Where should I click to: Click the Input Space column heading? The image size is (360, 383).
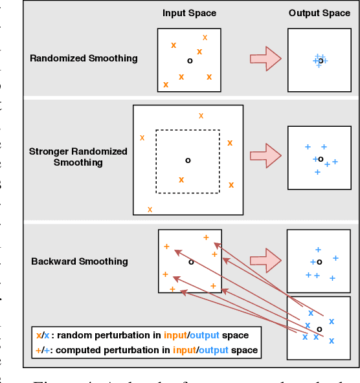point(189,13)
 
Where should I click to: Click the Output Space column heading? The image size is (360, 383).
point(319,13)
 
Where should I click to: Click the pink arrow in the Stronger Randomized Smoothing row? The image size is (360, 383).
point(265,155)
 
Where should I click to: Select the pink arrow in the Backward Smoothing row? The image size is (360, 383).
point(265,259)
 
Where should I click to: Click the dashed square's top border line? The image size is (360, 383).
point(188,130)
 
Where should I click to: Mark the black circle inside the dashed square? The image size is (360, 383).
point(188,160)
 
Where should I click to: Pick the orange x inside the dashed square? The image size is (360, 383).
point(181,179)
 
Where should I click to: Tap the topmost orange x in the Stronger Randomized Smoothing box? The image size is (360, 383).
point(201,115)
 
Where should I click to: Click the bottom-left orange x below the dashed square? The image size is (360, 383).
point(150,209)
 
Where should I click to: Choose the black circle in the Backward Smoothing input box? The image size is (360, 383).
point(190,262)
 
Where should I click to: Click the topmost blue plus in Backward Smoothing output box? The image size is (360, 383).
point(317,249)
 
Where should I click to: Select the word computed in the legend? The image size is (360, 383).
point(76,350)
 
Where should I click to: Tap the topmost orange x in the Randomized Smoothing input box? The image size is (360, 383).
point(205,38)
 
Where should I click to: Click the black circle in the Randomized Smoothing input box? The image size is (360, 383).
point(189,60)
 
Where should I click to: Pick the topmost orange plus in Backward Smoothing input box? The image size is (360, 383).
point(207,237)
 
